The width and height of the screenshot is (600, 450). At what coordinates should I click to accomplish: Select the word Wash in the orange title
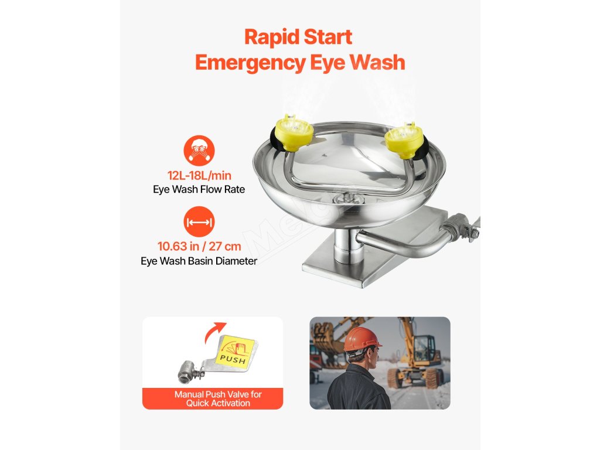tap(377, 62)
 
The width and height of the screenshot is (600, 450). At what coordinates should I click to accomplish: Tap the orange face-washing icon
tap(199, 151)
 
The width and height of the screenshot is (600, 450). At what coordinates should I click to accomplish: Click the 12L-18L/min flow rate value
tap(199, 176)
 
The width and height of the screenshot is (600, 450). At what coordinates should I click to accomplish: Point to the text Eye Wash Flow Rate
tap(199, 189)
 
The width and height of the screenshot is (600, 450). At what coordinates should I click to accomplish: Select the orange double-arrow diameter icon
tap(199, 221)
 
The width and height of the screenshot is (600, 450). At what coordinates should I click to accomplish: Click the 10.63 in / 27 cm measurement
tap(199, 246)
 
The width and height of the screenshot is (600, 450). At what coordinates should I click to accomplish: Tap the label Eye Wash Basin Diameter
tap(199, 261)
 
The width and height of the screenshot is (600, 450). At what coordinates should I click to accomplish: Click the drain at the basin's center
tap(346, 198)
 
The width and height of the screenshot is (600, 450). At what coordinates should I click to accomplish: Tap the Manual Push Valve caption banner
tap(213, 398)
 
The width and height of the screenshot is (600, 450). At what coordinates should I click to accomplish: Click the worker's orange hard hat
tap(362, 339)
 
